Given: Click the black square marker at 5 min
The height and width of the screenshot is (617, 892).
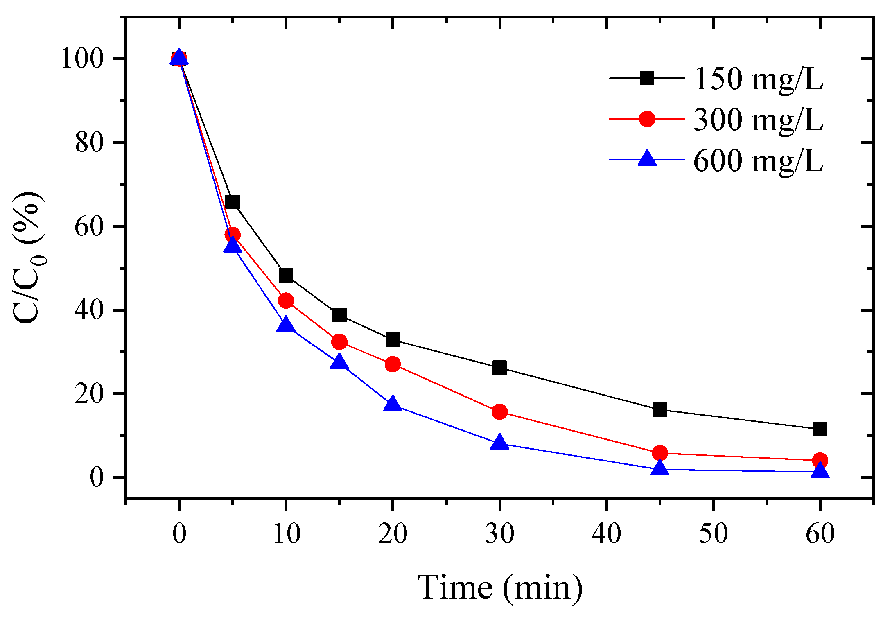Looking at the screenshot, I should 232,202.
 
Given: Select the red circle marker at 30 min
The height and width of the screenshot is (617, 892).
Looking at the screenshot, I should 499,411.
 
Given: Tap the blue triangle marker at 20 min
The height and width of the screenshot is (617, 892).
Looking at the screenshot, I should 393,404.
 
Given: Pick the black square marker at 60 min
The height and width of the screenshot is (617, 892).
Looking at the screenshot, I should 820,429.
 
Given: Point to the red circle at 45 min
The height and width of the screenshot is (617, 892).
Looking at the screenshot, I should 659,453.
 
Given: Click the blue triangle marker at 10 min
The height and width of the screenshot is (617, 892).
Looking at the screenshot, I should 286,325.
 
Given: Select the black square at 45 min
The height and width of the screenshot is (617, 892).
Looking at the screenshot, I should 659,409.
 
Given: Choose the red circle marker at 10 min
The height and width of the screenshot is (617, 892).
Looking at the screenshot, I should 286,301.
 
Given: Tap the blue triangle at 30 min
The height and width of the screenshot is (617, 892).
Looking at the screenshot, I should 499,443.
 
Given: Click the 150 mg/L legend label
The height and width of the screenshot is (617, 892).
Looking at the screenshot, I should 758,79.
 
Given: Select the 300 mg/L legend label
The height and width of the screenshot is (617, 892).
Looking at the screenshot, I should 758,120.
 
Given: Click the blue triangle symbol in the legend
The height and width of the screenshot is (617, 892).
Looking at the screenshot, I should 647,159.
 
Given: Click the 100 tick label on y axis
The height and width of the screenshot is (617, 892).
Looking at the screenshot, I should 81,59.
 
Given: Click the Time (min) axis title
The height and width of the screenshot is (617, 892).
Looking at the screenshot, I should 500,588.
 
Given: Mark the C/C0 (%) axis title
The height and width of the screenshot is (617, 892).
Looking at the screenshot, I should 29,258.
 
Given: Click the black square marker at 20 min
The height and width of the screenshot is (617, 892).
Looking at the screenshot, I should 393,339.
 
